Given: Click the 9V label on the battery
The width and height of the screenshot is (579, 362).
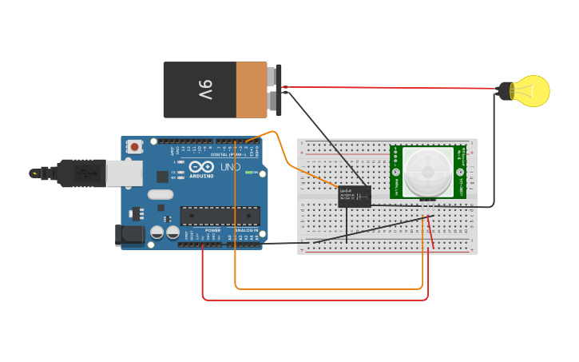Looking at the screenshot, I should (x=205, y=90).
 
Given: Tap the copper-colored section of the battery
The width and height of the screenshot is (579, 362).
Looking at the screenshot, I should (x=251, y=90).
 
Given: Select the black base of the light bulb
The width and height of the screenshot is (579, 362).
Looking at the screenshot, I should (x=505, y=91).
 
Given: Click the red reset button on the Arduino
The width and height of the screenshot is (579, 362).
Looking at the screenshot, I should (x=135, y=146).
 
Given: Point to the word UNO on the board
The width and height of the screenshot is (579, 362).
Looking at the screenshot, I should (x=230, y=167).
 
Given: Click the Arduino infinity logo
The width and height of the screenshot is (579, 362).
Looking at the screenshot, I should (x=200, y=167).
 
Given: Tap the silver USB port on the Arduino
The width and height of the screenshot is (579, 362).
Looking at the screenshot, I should (x=125, y=173).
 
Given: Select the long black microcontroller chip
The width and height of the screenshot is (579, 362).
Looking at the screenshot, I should (x=220, y=216).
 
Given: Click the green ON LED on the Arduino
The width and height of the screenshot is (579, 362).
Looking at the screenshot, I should (x=249, y=173).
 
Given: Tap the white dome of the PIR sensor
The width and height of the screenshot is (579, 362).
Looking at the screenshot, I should (x=426, y=172).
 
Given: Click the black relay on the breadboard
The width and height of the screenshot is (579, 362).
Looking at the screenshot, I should (x=355, y=196).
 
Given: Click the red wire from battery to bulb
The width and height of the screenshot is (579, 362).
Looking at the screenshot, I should (x=391, y=87).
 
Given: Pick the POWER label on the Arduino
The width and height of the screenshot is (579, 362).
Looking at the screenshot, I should (x=212, y=230).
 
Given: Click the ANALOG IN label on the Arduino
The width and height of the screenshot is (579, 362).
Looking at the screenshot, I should (x=244, y=230).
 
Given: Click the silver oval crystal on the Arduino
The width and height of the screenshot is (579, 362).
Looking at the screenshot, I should (x=160, y=194).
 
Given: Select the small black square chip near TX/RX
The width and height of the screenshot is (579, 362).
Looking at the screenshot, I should (x=162, y=177).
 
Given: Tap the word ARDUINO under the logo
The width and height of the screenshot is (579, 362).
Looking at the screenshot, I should (x=201, y=176).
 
